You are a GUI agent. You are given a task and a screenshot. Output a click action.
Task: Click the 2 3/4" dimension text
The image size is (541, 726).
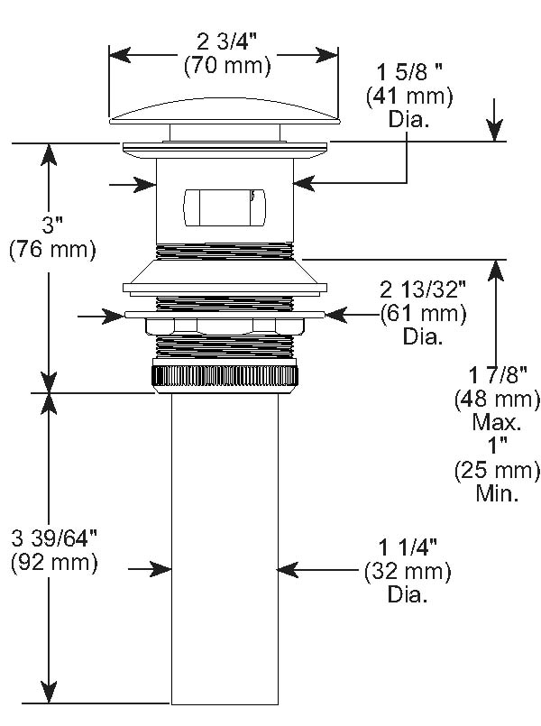point(226,41)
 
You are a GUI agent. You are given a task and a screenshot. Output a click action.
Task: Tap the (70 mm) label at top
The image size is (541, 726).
point(226,64)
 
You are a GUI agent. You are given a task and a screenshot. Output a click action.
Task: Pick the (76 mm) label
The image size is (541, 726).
point(51,250)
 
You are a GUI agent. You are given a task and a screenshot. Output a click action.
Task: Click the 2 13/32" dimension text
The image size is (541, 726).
point(423,290)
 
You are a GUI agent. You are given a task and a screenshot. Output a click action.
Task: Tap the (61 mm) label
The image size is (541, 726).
point(423,314)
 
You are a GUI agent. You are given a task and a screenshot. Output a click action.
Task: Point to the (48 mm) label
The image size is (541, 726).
point(498,399)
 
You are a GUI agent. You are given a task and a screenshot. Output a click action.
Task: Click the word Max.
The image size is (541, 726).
point(498,422)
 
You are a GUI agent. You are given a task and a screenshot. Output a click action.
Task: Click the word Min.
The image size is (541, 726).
point(498,493)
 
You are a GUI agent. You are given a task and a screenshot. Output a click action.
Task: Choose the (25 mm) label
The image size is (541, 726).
point(498,470)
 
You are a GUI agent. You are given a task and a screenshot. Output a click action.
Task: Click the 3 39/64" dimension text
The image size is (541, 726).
point(55,538)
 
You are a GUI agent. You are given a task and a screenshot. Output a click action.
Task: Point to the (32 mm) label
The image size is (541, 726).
point(408,572)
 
